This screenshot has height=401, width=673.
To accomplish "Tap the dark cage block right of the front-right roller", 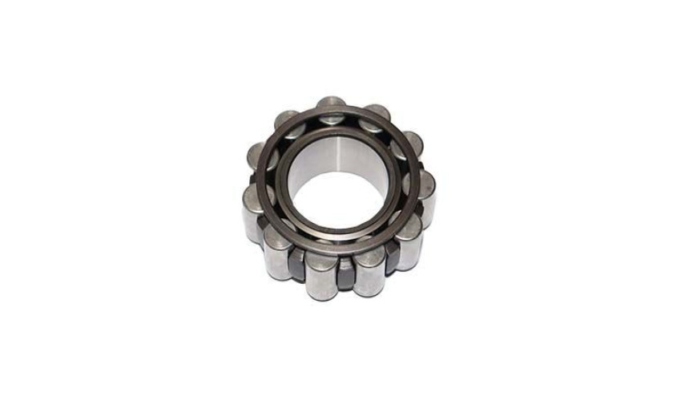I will click(391, 258).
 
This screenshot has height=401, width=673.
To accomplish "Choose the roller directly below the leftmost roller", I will click(275, 247).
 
